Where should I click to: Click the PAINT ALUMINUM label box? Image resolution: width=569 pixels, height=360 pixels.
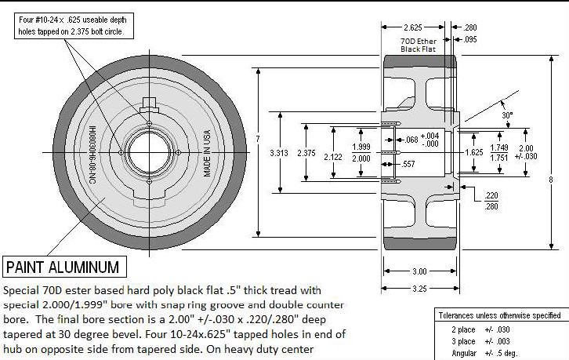point(63,267)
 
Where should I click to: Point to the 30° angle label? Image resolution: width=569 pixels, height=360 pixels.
point(507,115)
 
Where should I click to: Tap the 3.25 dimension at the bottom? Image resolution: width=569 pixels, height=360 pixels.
point(419,289)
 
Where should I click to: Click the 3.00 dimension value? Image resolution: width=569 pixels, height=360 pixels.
point(419,271)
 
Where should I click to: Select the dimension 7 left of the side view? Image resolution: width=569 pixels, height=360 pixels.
point(257,139)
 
